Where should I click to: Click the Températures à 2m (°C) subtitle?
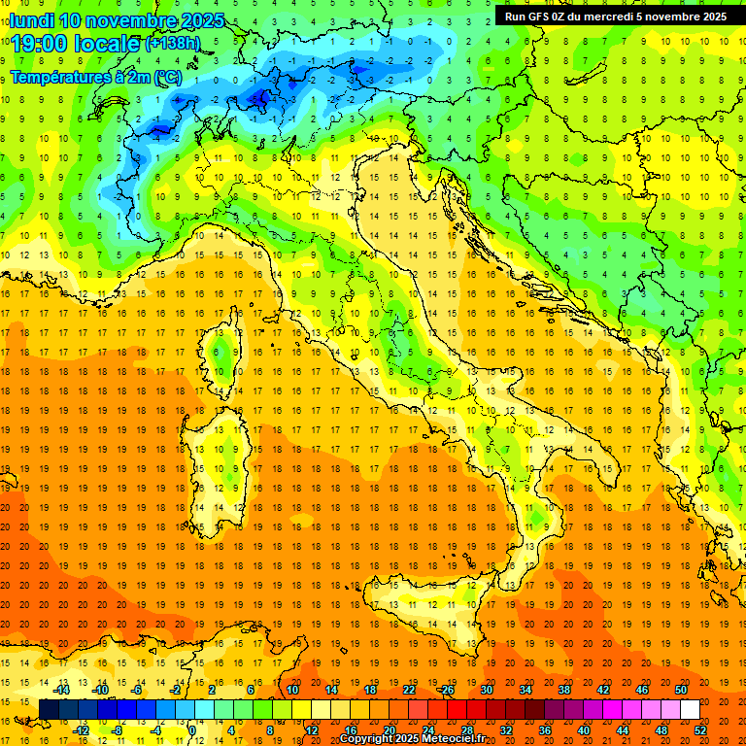[95, 76]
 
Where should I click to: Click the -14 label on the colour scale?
[61, 690]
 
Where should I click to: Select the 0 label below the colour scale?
[192, 730]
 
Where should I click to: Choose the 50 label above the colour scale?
[680, 690]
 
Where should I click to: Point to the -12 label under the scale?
[81, 730]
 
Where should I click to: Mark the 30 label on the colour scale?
[486, 690]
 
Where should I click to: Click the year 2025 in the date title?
[202, 20]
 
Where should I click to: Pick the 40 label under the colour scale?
[584, 730]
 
